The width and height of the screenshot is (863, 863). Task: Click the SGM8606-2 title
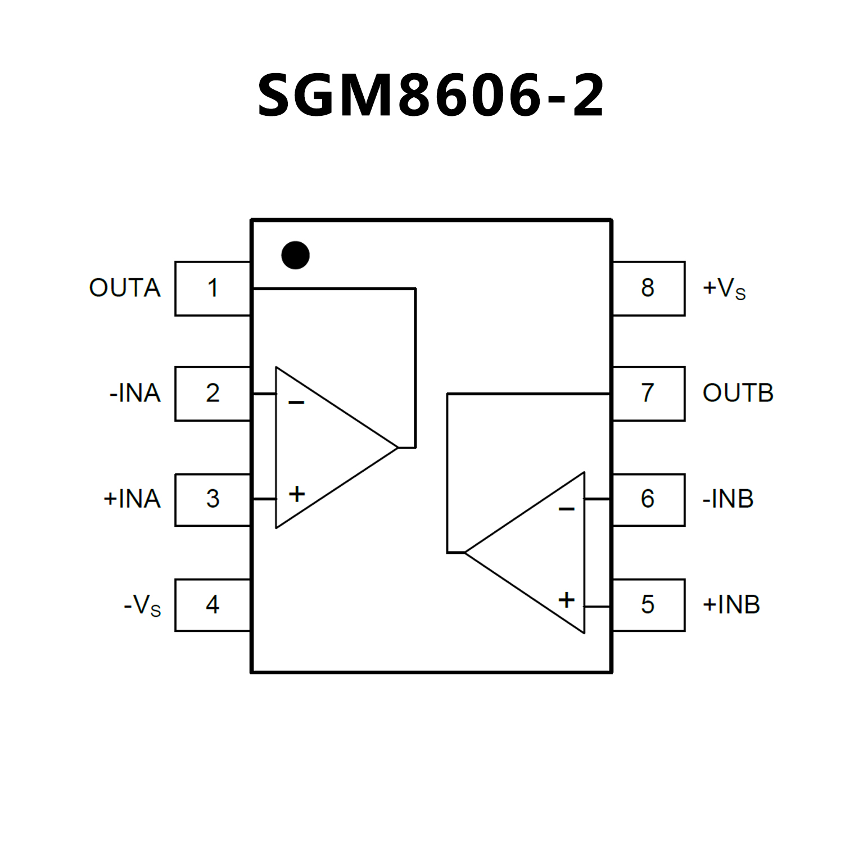point(431,96)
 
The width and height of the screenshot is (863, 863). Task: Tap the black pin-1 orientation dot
point(295,255)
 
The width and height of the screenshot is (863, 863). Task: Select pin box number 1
point(213,288)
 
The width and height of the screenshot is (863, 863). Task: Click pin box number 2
point(213,394)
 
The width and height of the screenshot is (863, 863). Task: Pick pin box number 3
point(213,499)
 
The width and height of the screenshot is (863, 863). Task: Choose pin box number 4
point(213,605)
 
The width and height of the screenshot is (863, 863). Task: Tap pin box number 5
point(648,605)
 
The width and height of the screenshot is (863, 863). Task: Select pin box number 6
point(648,499)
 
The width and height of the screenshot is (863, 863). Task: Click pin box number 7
point(648,394)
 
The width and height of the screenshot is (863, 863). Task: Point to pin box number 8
point(648,288)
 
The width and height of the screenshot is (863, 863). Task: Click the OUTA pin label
point(125,288)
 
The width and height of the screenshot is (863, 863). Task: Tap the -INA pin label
point(135,394)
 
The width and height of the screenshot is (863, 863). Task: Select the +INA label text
point(132,499)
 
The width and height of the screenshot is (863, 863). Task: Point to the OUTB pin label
point(738,394)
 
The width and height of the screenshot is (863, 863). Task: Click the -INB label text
point(728,499)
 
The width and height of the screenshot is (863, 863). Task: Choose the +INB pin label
point(731,605)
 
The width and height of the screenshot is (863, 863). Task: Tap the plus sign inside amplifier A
point(297,495)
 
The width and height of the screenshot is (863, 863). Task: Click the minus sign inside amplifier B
point(567,509)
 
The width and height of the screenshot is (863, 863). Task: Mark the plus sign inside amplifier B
point(567,600)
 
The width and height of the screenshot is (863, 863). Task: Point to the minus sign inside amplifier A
point(296,403)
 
